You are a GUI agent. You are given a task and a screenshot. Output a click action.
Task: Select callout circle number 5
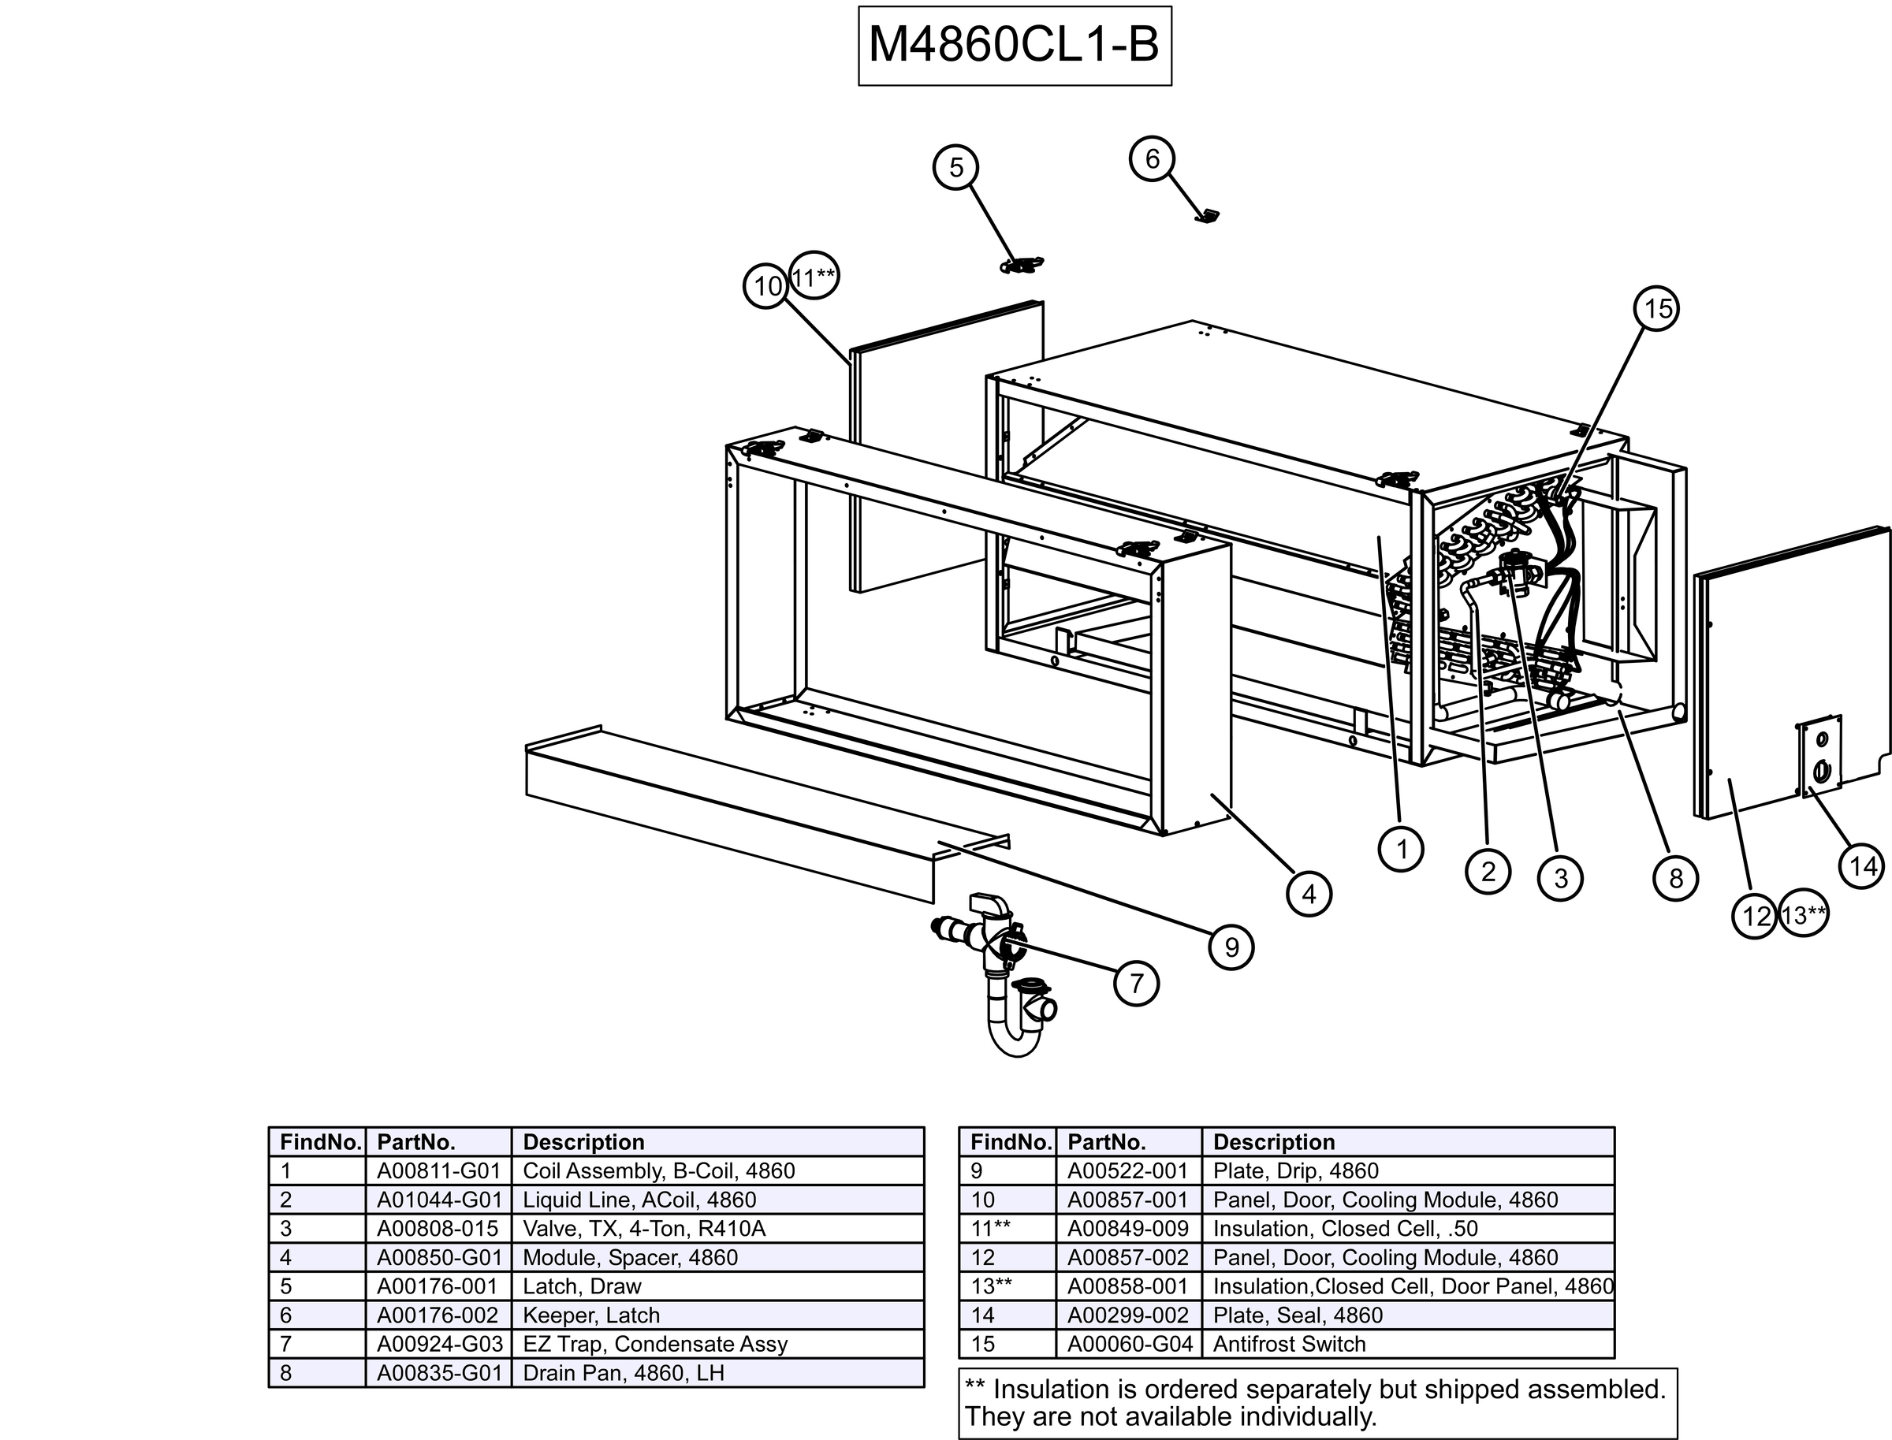tap(956, 167)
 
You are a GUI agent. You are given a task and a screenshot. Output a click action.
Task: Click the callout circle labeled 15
tap(1657, 309)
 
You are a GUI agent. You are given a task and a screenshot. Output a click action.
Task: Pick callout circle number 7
tap(1136, 983)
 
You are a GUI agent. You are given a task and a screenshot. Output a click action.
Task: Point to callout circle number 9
tap(1231, 947)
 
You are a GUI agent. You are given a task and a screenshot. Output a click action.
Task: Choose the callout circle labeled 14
tap(1861, 866)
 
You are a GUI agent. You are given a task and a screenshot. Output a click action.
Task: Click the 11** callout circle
tap(814, 277)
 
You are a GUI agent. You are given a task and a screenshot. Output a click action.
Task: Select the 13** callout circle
tap(1804, 915)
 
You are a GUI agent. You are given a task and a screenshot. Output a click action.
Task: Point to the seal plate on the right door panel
tap(1820, 755)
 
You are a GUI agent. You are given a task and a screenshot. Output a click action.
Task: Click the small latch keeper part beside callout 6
tap(1207, 216)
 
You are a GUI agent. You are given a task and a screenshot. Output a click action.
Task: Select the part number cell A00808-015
tap(438, 1228)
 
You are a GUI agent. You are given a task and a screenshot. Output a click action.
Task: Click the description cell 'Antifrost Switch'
tap(1290, 1344)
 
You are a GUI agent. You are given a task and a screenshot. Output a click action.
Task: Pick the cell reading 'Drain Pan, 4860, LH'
tap(624, 1373)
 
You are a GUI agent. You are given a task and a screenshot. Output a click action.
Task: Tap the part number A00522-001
tap(1127, 1171)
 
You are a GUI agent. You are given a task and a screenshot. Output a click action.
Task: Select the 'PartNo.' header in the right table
tap(1107, 1142)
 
